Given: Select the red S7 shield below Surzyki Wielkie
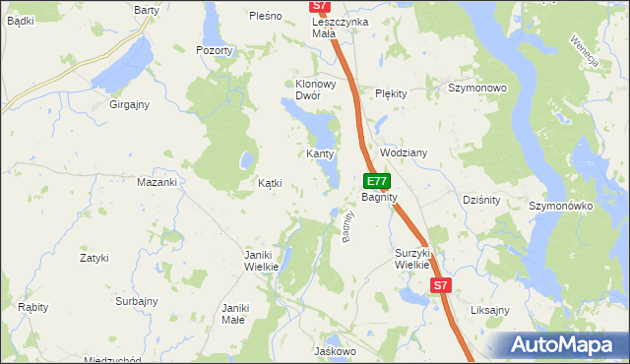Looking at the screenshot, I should tap(441, 285).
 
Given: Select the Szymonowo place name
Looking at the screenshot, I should tap(477, 88).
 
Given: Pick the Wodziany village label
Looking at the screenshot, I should tap(403, 153).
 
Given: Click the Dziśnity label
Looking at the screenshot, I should tap(481, 200).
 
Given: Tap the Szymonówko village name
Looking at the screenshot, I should tap(559, 206).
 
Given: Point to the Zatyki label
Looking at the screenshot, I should tap(94, 258).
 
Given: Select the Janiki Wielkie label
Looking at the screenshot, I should tap(262, 261).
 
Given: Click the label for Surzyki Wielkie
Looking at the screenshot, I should tap(413, 258).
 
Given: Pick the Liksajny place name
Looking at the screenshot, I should tap(489, 310).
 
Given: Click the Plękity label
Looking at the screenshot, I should tap(391, 93).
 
